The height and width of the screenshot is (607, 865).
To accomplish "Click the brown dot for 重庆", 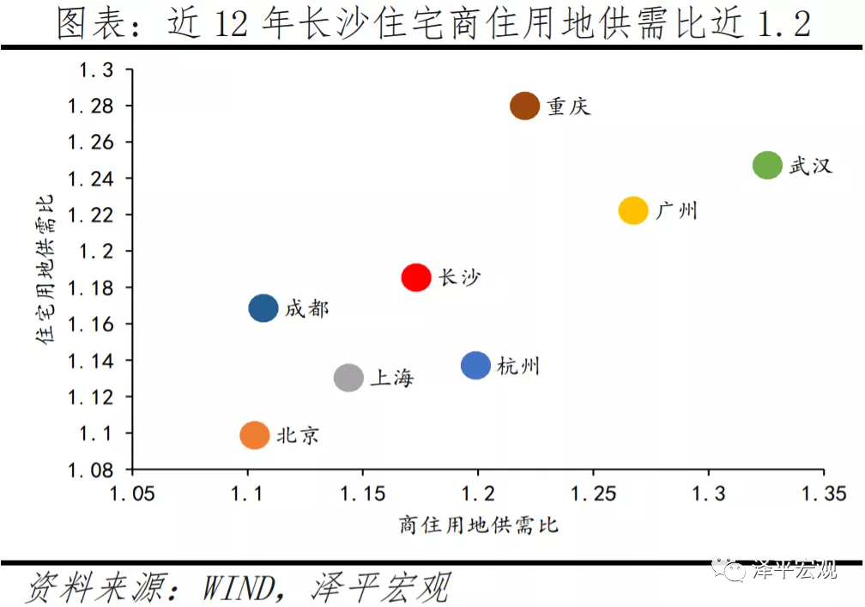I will [x=524, y=106].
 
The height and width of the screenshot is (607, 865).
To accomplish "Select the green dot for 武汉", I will [x=767, y=165].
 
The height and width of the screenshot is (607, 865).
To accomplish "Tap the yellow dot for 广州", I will [x=633, y=210].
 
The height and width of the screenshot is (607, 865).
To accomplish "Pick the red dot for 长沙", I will [x=416, y=277].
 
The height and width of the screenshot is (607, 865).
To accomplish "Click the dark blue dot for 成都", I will [x=263, y=308].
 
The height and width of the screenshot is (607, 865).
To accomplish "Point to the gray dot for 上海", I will [x=348, y=378].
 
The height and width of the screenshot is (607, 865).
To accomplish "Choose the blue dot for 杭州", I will [x=475, y=366].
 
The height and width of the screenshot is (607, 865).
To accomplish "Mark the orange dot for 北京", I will [x=254, y=435].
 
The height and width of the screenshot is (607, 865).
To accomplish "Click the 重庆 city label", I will [x=568, y=107].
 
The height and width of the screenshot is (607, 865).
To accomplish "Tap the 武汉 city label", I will [x=811, y=166].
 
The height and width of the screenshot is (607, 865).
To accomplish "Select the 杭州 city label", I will [x=519, y=367].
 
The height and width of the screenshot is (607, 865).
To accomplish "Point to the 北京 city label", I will [x=298, y=436].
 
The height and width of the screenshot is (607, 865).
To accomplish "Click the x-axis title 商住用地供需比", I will [x=478, y=524].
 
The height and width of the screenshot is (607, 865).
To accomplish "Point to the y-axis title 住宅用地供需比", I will [x=45, y=270].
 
